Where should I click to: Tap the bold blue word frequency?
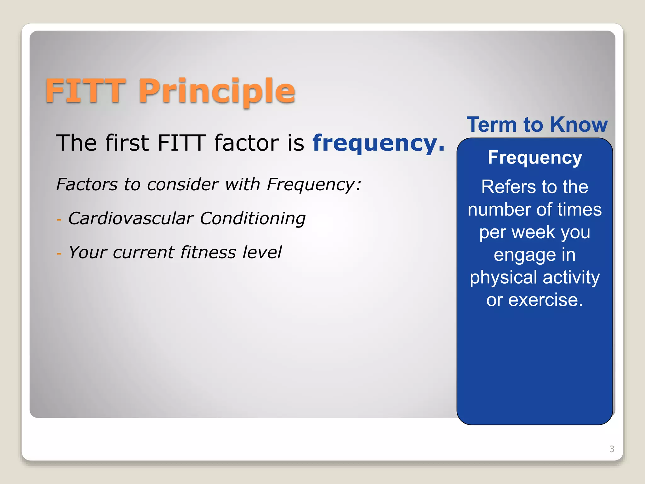pyautogui.click(x=378, y=143)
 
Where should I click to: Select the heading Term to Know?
pyautogui.click(x=537, y=124)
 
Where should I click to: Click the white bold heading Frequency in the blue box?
pyautogui.click(x=535, y=158)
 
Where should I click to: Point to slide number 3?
pyautogui.click(x=612, y=449)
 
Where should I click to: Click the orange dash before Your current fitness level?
pyautogui.click(x=59, y=253)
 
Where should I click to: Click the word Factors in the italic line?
pyautogui.click(x=87, y=184)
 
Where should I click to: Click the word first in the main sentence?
pyautogui.click(x=127, y=143)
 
